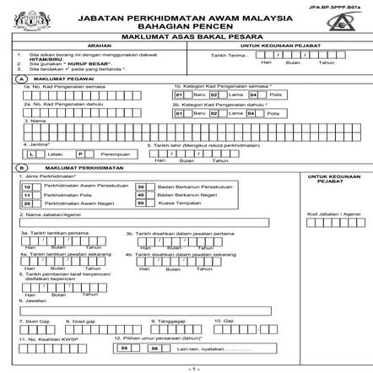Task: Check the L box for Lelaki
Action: pos(31,154)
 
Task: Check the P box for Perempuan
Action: pos(82,154)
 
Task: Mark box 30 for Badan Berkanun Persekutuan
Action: pos(141,186)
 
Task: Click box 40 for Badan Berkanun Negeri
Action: pos(141,195)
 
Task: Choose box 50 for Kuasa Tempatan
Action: pos(141,203)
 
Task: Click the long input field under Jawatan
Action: pos(143,310)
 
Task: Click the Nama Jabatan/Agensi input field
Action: pos(143,224)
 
